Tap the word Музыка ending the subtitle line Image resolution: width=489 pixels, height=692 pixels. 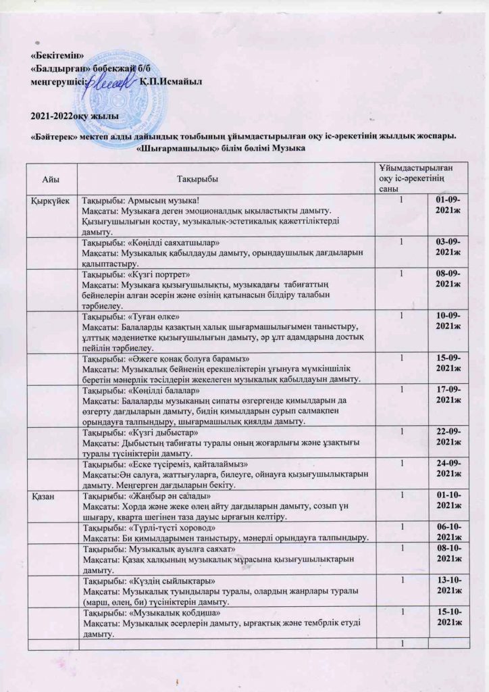tap(288, 148)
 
